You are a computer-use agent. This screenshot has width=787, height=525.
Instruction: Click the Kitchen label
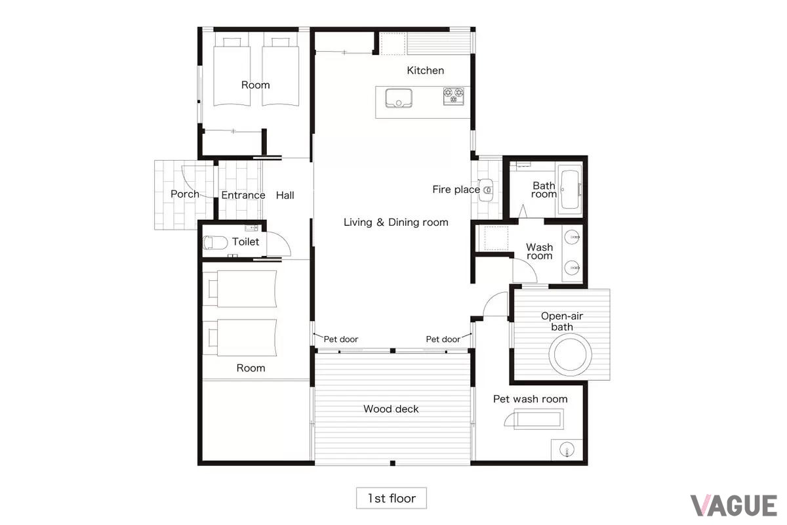[x=425, y=71]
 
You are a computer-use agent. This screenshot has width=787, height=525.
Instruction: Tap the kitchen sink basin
[x=399, y=98]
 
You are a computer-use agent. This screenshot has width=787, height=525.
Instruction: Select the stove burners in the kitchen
[x=454, y=96]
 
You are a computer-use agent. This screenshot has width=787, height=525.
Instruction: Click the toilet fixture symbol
[x=215, y=243]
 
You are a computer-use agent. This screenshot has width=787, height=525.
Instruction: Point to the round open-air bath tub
[x=570, y=354]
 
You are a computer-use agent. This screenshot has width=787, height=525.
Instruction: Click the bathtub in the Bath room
[x=569, y=190]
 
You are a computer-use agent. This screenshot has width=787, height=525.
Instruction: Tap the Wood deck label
[x=391, y=409]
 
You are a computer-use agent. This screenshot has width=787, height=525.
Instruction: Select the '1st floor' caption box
[x=392, y=498]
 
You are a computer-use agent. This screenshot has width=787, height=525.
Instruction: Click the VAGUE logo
[x=734, y=506]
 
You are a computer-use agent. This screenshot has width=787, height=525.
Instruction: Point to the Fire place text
[x=456, y=190]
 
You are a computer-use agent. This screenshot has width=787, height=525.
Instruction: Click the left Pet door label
[x=340, y=339]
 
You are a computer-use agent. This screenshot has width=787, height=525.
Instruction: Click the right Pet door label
[x=443, y=339]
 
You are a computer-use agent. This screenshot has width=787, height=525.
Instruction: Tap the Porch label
[x=185, y=194]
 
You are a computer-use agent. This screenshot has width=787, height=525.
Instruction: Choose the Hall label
[x=285, y=195]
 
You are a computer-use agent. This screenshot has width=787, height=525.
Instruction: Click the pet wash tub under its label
[x=538, y=419]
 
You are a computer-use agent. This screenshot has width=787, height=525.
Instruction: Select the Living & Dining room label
[x=396, y=222]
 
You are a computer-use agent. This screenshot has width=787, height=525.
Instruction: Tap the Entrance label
[x=243, y=195]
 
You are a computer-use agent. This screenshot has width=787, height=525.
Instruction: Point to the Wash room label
[x=539, y=251]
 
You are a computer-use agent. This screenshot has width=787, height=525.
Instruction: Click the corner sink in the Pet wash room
[x=567, y=450]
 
